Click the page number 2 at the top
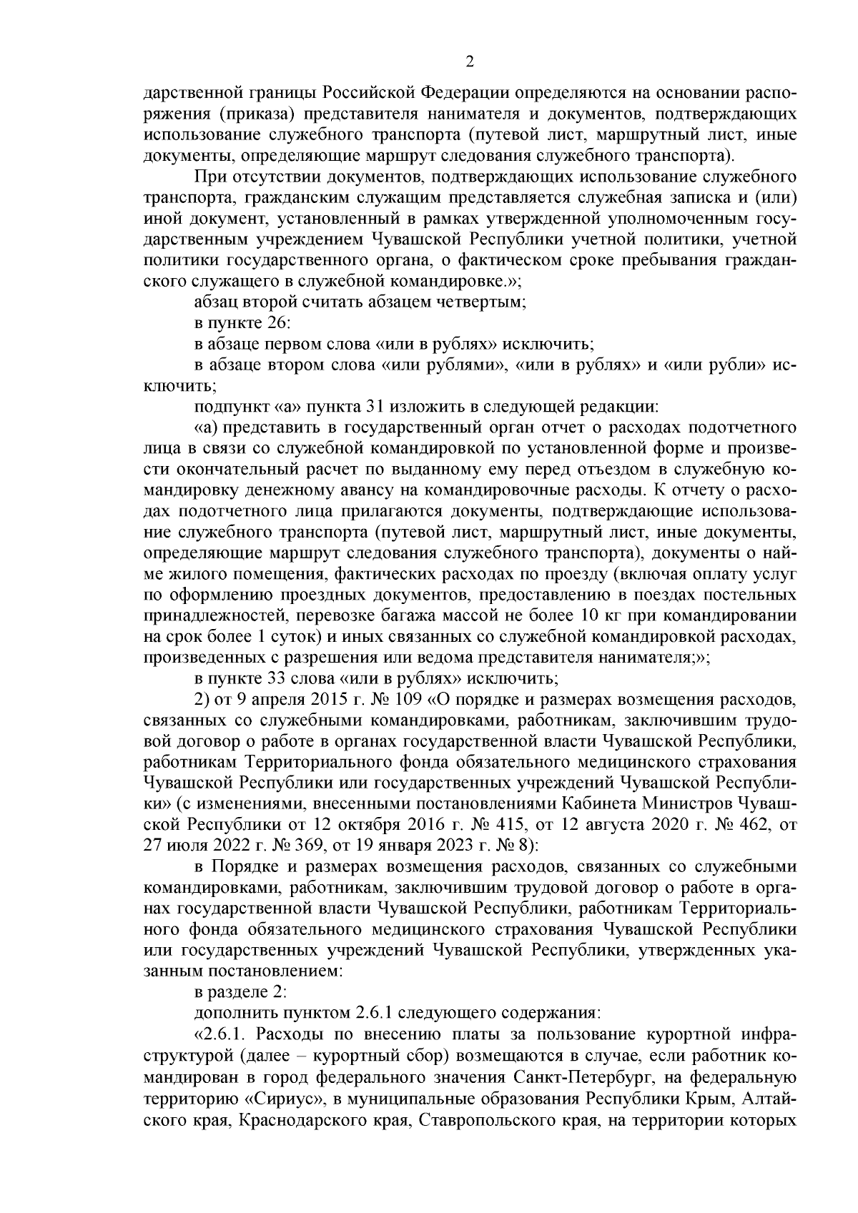point(470,61)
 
